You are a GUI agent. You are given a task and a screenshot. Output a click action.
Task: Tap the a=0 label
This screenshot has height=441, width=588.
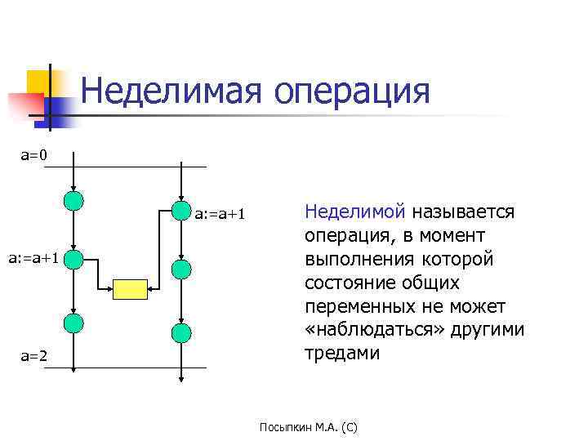(34, 154)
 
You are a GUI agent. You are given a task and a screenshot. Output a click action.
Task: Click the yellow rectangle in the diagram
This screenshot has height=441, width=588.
(131, 288)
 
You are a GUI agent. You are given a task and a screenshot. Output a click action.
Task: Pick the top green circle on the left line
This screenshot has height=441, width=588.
(73, 200)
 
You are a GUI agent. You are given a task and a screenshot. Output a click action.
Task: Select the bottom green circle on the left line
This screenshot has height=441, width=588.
(73, 323)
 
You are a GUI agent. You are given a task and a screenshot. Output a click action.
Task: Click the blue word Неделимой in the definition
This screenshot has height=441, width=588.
(355, 212)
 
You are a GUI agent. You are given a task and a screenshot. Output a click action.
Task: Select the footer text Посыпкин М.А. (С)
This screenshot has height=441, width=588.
(307, 426)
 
